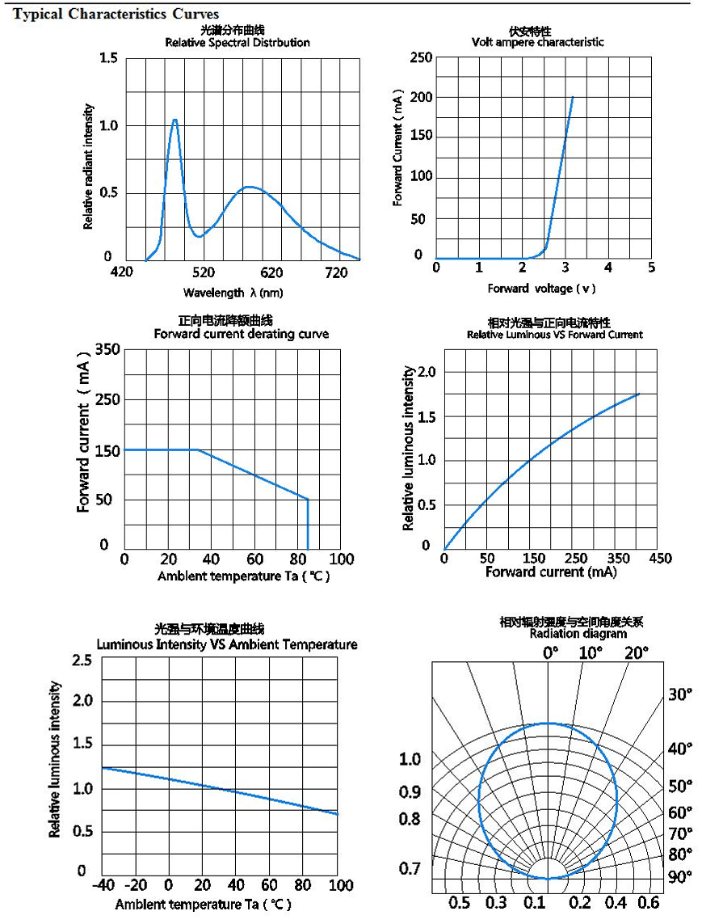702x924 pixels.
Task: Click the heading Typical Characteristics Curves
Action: click(116, 15)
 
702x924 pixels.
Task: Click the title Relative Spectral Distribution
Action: click(237, 42)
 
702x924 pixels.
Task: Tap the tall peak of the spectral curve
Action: click(174, 120)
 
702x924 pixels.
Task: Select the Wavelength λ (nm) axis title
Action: click(233, 292)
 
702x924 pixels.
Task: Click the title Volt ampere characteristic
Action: click(537, 42)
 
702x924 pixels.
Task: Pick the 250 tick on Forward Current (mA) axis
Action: click(421, 57)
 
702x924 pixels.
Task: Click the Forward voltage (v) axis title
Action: click(540, 289)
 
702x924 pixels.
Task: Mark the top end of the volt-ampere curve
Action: click(573, 97)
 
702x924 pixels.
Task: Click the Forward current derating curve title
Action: click(241, 334)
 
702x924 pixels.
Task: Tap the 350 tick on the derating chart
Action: click(107, 349)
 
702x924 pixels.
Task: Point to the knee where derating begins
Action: click(197, 449)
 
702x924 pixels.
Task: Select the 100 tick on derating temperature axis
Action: click(342, 559)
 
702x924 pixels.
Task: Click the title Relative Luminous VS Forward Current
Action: click(555, 334)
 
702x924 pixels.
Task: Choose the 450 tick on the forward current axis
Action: click(659, 559)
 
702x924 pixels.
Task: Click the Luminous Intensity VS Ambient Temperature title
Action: click(226, 644)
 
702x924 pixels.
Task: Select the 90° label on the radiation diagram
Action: click(679, 876)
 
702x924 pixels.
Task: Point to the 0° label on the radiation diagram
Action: click(550, 652)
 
